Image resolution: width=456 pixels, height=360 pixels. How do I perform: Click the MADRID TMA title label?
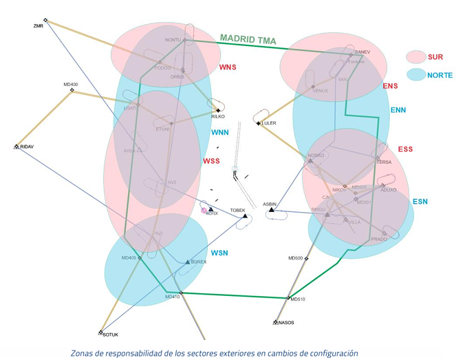(248, 39)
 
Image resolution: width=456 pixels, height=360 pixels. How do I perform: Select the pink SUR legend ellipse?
(415, 57)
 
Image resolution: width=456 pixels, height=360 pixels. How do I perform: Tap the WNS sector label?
(228, 67)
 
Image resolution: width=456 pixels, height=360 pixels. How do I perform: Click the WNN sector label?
(220, 132)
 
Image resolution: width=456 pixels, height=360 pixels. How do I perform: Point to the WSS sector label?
(212, 161)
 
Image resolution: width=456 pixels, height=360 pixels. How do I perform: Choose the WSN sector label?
(219, 253)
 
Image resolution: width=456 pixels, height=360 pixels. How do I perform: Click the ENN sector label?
(398, 110)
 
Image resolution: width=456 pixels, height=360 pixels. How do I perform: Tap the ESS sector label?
(405, 149)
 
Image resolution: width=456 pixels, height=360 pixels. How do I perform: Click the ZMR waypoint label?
(38, 26)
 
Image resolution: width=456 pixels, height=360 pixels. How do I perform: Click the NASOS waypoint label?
(284, 322)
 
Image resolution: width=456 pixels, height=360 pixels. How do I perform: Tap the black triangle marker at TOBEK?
(245, 216)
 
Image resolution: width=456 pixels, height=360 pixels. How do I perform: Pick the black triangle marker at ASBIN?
(272, 209)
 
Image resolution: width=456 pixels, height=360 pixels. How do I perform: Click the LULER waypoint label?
(269, 123)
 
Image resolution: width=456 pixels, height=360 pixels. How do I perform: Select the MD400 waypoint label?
(71, 84)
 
